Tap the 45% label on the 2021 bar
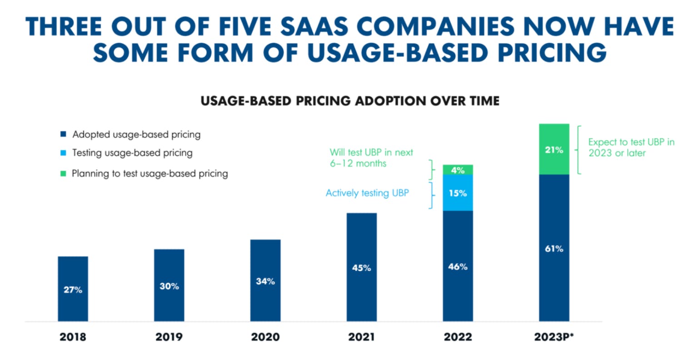[x=362, y=268]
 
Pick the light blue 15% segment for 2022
[x=458, y=193]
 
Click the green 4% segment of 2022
[x=458, y=170]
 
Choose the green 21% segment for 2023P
[x=554, y=150]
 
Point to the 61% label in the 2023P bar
[x=554, y=249]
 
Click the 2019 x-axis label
[x=169, y=337]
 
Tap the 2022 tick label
[x=458, y=337]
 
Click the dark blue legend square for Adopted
[x=64, y=135]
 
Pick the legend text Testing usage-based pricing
[x=132, y=153]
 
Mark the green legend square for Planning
[x=64, y=174]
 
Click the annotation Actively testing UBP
[x=367, y=193]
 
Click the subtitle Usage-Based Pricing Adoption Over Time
[x=350, y=100]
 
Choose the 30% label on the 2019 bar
[x=169, y=286]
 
